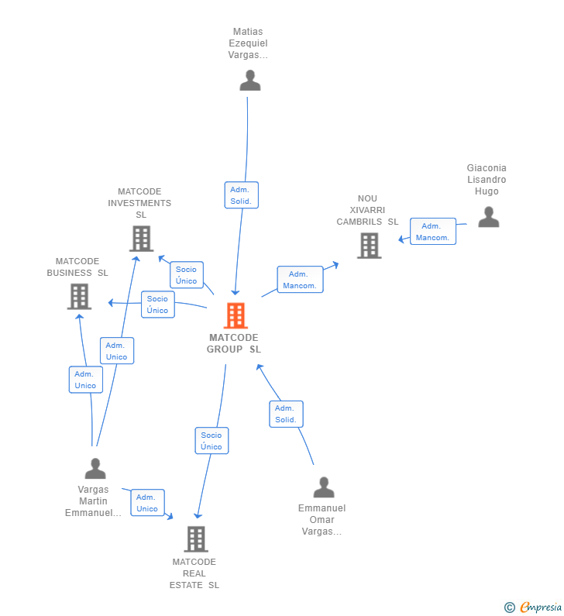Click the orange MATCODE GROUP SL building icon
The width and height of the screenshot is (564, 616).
pos(236,315)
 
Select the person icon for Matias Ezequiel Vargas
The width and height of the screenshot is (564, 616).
pos(249,81)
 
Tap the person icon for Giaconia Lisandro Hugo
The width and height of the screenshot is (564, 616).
pos(488,217)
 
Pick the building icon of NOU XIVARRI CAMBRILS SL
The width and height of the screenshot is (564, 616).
pos(369,246)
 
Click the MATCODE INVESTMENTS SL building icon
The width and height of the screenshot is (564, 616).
pos(141,239)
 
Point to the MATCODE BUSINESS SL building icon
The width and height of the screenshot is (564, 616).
pos(79,296)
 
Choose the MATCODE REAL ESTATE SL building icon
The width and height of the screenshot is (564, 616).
pos(196,539)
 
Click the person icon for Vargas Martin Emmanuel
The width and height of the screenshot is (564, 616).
pos(95,469)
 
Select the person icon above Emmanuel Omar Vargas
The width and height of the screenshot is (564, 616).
pos(323,487)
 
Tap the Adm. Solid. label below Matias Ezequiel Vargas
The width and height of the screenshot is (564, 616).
pos(241,195)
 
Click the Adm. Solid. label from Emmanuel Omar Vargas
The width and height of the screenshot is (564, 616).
pos(286,414)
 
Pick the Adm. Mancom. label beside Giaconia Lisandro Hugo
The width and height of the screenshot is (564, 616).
pos(432,232)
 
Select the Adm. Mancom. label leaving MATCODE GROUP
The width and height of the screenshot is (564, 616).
pos(300,280)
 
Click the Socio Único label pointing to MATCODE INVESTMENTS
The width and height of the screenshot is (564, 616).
pos(186,275)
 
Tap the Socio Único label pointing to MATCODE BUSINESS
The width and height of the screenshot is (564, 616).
pos(157,305)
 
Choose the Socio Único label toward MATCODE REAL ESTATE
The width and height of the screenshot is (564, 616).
pos(211,441)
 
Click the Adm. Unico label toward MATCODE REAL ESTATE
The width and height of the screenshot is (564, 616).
pos(147,503)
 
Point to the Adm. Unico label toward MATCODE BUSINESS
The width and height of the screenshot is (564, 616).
pos(85,380)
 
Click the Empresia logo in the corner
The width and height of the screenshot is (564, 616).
pos(533,607)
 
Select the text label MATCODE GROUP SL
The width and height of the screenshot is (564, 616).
pos(233,343)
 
